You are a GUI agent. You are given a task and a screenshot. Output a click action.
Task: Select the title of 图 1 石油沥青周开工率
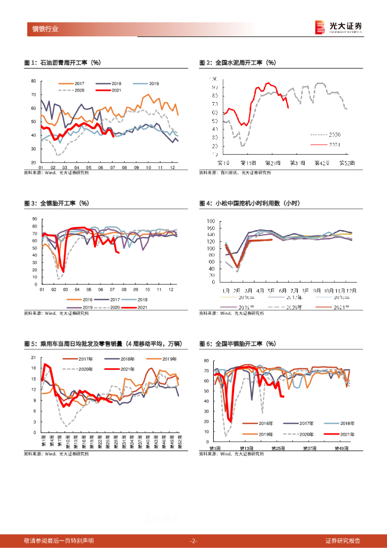coord(63,63)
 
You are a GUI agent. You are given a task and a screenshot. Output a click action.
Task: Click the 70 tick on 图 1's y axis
coord(33,95)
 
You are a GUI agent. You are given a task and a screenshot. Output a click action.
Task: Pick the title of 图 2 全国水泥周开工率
coord(237,63)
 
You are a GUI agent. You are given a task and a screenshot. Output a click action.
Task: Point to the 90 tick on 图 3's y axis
coord(34,219)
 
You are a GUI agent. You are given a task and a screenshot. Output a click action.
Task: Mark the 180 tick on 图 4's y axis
coord(210,221)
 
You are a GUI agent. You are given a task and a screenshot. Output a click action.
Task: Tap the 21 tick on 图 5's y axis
coord(33,357)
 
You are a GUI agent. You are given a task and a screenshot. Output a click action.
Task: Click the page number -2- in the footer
coord(193,541)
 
